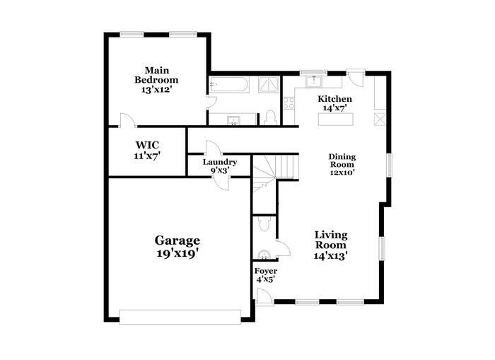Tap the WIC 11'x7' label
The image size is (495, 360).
click(147, 151)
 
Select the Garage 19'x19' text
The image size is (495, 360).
click(177, 246)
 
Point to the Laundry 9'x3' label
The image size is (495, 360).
click(220, 166)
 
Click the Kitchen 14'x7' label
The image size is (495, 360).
click(334, 103)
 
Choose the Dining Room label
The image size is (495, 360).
click(342, 161)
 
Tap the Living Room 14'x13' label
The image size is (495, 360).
click(330, 245)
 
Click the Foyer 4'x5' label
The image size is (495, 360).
click(266, 275)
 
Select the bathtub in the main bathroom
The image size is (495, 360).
click(229, 84)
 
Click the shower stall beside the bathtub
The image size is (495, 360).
click(269, 84)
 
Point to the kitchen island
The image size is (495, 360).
click(336, 120)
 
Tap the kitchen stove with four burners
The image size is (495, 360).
click(289, 103)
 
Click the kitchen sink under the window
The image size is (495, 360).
click(314, 81)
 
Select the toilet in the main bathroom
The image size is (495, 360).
click(270, 118)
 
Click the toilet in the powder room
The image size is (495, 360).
click(264, 224)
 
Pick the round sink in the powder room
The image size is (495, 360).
click(264, 255)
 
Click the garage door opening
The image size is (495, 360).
click(180, 317)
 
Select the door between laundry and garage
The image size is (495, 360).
click(221, 182)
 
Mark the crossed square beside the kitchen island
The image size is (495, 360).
click(380, 119)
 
